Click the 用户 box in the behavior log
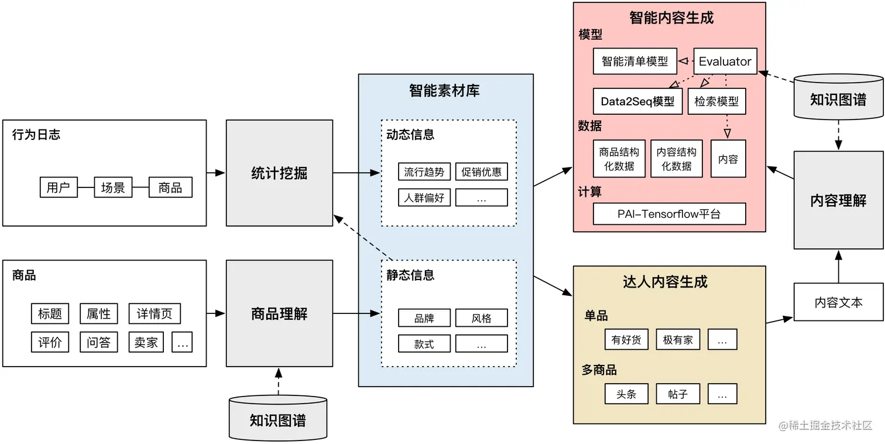[59, 187]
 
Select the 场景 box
[113, 187]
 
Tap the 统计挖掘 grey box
[279, 173]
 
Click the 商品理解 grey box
[279, 314]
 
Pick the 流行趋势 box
[424, 172]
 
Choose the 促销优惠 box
[481, 172]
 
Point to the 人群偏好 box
[424, 197]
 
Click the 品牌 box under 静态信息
[424, 318]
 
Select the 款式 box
[424, 344]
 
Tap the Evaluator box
[725, 62]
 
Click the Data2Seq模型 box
[637, 101]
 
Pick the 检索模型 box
[716, 101]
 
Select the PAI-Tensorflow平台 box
[669, 214]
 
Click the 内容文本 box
[838, 302]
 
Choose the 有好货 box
[626, 340]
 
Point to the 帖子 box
[678, 394]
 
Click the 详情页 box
[155, 314]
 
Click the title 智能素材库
[445, 91]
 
